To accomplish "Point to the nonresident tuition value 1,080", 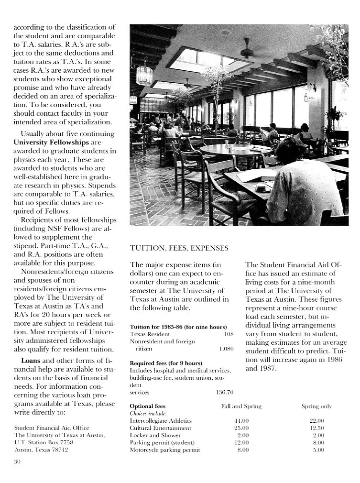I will pyautogui.click(x=226, y=349).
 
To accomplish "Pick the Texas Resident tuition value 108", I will pyautogui.click(x=229, y=334).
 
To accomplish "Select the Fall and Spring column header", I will pyautogui.click(x=241, y=406).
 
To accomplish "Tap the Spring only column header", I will pyautogui.click(x=316, y=406).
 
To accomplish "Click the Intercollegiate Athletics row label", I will pyautogui.click(x=160, y=420).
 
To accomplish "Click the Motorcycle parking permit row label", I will pyautogui.click(x=164, y=450).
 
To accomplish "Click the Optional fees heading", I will pyautogui.click(x=148, y=406).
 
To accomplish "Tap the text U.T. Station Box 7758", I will pyautogui.click(x=44, y=443).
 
